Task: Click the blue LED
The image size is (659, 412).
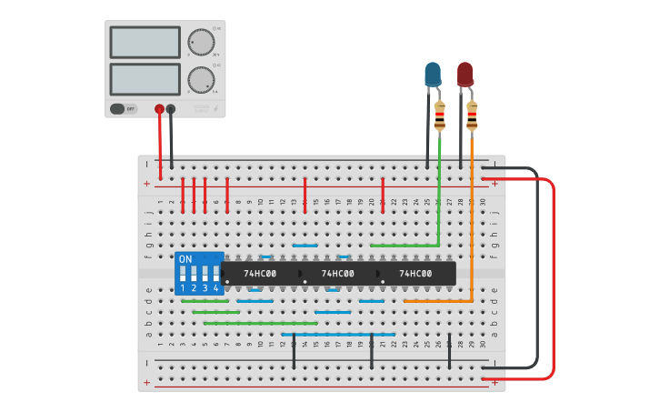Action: pyautogui.click(x=433, y=74)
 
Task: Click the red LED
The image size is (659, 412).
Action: pyautogui.click(x=465, y=74)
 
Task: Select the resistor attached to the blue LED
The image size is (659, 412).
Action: pyautogui.click(x=440, y=116)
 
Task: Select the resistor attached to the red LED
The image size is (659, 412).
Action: pyautogui.click(x=472, y=116)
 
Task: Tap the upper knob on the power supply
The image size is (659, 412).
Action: pyautogui.click(x=200, y=42)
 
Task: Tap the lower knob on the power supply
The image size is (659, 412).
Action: pyautogui.click(x=200, y=79)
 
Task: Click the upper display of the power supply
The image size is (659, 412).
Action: pyautogui.click(x=145, y=42)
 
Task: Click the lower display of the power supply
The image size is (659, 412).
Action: pyautogui.click(x=145, y=78)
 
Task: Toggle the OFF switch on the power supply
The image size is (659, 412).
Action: pyautogui.click(x=124, y=109)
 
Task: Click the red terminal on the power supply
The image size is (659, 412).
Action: pyautogui.click(x=159, y=109)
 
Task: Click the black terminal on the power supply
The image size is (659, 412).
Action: pyautogui.click(x=171, y=109)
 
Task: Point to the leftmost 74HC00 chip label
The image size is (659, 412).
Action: pyautogui.click(x=260, y=273)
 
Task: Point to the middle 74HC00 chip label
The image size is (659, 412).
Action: pyautogui.click(x=337, y=273)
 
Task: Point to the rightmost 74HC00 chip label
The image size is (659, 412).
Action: pyautogui.click(x=415, y=273)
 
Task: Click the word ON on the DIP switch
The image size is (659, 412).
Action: pyautogui.click(x=185, y=259)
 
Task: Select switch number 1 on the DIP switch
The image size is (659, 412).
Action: pyautogui.click(x=183, y=274)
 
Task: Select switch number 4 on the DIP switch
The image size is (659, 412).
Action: pyautogui.click(x=215, y=274)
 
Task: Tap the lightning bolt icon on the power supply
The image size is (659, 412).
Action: pyautogui.click(x=215, y=109)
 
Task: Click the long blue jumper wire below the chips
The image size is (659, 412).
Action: pyautogui.click(x=336, y=334)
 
